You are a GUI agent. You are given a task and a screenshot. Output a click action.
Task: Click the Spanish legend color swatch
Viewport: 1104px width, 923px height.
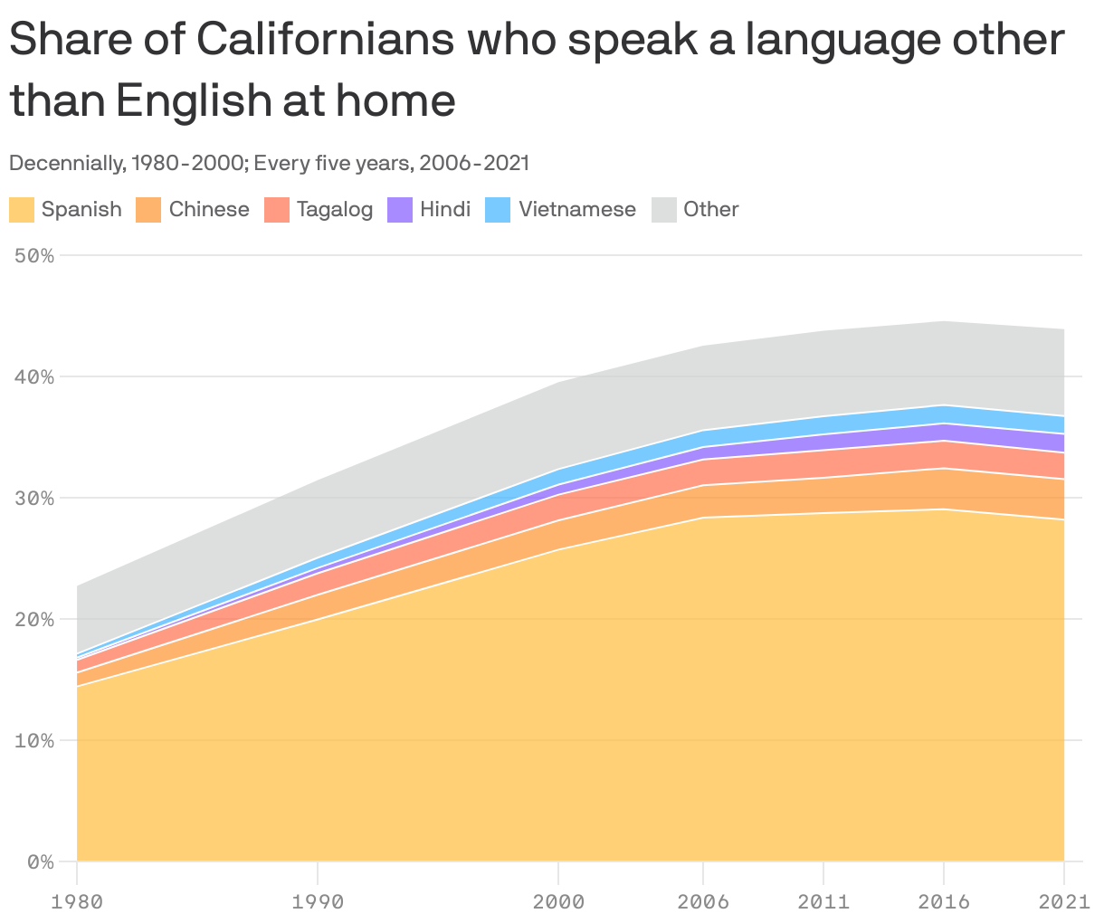coord(22,210)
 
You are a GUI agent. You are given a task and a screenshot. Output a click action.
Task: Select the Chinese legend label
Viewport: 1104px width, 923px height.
coord(209,210)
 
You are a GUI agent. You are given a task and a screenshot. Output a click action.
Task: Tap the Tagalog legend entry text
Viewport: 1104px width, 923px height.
coord(334,210)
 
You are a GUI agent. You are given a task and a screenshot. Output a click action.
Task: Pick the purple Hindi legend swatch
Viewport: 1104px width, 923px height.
coord(400,210)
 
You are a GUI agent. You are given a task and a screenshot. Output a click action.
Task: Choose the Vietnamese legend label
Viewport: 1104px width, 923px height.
coord(576,210)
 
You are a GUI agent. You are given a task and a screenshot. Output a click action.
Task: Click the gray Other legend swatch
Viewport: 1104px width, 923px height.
coord(664,210)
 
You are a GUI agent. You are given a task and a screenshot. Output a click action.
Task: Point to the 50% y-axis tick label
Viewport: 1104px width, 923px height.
coord(34,255)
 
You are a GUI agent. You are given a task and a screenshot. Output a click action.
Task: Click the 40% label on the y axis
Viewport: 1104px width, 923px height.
coord(34,376)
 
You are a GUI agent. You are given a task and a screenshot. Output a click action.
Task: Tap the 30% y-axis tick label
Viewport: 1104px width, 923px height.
coord(34,498)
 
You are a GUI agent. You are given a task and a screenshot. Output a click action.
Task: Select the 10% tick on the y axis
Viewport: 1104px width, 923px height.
coord(34,740)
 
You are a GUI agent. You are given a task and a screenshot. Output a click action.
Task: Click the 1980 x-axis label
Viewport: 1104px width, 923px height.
coord(77,901)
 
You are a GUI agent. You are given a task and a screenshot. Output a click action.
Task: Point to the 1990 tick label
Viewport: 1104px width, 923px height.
coord(318,901)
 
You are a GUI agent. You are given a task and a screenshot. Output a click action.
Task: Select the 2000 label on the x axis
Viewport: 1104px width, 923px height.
coord(558,901)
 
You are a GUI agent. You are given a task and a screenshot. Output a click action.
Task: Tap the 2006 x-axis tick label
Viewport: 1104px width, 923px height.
coord(703,901)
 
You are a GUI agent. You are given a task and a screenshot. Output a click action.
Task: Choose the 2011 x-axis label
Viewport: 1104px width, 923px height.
coord(823,901)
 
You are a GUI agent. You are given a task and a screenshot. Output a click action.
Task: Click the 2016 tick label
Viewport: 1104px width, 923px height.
coord(944,901)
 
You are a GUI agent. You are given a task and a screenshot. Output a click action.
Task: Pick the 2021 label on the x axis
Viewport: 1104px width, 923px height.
coord(1064,901)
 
